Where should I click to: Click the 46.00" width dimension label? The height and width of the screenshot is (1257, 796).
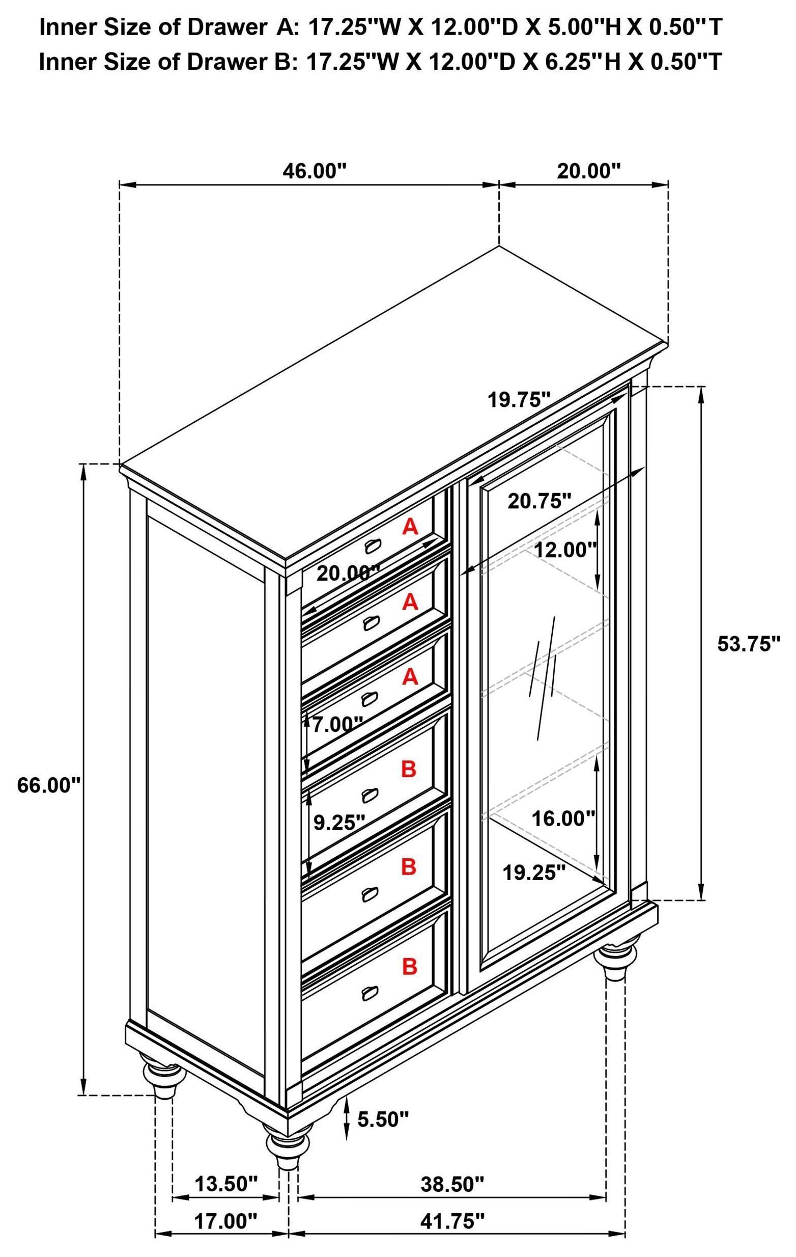[x=315, y=171]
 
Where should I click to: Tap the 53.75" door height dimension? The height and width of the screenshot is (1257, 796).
[x=749, y=644]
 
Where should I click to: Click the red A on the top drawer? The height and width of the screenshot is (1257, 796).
[x=410, y=528]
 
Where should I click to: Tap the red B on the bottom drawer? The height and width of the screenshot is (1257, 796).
[x=410, y=967]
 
